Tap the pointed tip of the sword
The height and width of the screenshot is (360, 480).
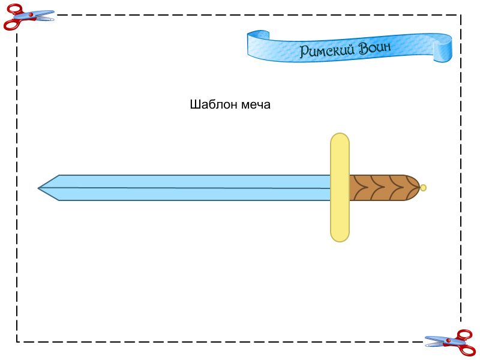(40, 188)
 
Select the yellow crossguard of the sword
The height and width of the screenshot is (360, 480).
(340, 187)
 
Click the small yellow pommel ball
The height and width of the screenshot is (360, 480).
(423, 188)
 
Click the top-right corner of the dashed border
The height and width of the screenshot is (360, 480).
(461, 15)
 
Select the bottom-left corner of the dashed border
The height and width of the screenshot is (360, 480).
(17, 342)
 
